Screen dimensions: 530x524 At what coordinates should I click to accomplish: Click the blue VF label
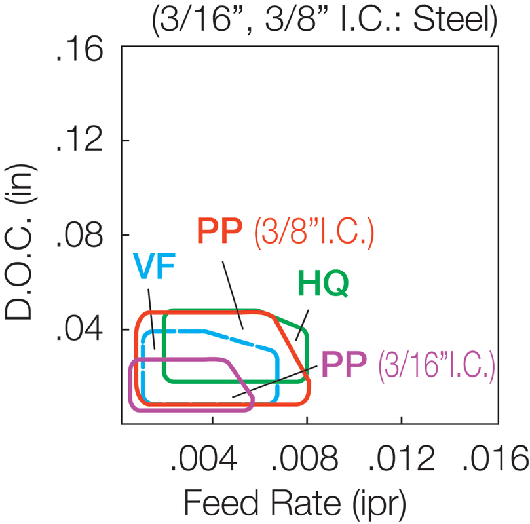[155, 266]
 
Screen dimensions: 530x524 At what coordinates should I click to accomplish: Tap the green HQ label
[324, 284]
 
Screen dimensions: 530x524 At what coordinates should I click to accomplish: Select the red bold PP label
[219, 231]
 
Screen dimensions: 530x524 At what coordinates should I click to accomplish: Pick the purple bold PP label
[344, 364]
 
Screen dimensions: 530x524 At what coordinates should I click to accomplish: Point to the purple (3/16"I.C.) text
[436, 366]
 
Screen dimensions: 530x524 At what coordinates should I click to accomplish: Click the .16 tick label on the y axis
[79, 50]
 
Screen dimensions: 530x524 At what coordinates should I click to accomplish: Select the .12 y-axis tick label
[79, 140]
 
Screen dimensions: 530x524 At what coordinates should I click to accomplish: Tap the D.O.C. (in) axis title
[20, 242]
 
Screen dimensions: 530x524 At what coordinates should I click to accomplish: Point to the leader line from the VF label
[151, 319]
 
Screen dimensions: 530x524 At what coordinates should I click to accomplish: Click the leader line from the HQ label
[302, 325]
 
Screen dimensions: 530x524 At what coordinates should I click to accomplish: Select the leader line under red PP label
[233, 295]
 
